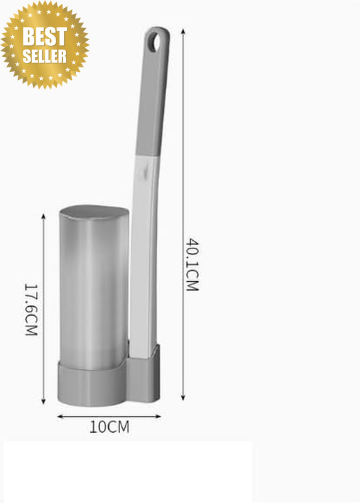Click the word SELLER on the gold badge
click(45, 56)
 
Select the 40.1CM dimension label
click(193, 264)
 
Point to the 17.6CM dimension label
click(31, 309)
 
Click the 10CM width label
click(109, 427)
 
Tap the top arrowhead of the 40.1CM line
click(183, 31)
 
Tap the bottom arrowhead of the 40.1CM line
click(183, 398)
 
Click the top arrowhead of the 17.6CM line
click(43, 216)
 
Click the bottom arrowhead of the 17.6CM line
click(43, 401)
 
